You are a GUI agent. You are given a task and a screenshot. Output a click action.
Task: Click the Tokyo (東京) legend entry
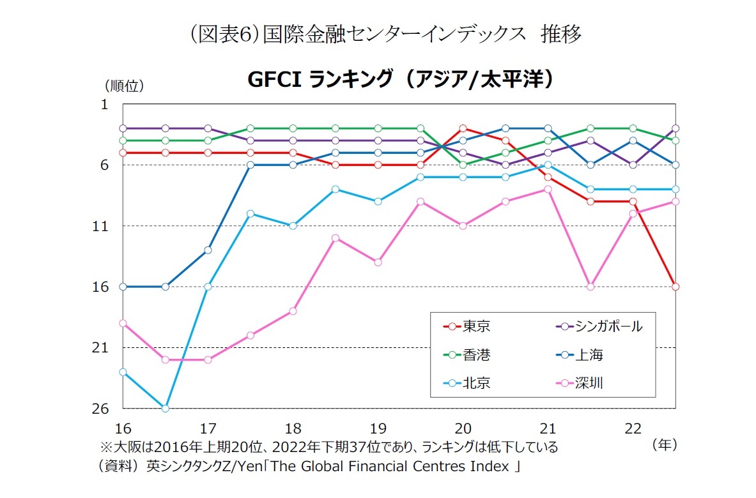pyautogui.click(x=467, y=326)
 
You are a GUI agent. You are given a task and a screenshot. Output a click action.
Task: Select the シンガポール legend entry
pyautogui.click(x=598, y=326)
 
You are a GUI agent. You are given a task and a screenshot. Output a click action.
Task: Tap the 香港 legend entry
pyautogui.click(x=467, y=354)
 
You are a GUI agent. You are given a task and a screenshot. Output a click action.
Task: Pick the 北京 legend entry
pyautogui.click(x=467, y=383)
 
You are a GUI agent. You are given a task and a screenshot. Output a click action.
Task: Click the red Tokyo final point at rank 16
pyautogui.click(x=675, y=287)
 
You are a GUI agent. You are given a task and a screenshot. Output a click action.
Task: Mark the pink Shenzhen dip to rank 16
pyautogui.click(x=590, y=287)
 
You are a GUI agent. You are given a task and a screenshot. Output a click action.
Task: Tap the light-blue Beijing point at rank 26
pyautogui.click(x=166, y=408)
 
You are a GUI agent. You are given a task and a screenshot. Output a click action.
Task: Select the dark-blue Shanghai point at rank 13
pyautogui.click(x=208, y=250)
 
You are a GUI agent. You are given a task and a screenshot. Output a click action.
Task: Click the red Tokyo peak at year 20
pyautogui.click(x=463, y=128)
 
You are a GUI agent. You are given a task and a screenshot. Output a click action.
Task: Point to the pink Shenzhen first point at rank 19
pyautogui.click(x=123, y=323)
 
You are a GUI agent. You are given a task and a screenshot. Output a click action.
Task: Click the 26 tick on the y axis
pyautogui.click(x=102, y=408)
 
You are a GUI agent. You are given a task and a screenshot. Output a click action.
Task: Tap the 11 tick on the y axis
pyautogui.click(x=102, y=226)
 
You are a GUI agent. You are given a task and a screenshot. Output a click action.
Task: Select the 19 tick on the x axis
pyautogui.click(x=378, y=427)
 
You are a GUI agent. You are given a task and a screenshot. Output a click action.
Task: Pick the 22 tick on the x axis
pyautogui.click(x=633, y=427)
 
